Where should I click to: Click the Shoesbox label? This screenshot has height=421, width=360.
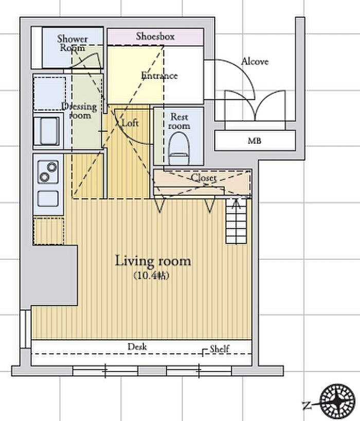155,36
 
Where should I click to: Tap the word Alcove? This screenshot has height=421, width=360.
255,62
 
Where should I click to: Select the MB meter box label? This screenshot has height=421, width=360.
254,140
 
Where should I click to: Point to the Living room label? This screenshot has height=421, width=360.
153,261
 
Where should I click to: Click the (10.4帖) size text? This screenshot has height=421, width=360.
151,276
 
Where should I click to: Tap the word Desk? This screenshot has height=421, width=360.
137,346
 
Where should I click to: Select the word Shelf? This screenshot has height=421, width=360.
220,349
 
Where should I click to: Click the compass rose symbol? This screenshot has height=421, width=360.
338,401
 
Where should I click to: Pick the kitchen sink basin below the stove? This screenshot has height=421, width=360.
48,199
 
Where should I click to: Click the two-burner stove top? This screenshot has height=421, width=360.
48,172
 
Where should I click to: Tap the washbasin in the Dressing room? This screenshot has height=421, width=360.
48,131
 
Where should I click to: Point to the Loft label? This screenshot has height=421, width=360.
130,123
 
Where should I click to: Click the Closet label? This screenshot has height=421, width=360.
204,177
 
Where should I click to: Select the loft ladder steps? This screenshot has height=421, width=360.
236,221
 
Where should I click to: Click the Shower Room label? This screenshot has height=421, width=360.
73,43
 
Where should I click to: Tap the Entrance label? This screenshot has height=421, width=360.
159,76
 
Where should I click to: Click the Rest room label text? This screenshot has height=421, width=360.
179,121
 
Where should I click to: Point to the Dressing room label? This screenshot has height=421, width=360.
80,111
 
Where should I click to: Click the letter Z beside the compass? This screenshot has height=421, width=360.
307,406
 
